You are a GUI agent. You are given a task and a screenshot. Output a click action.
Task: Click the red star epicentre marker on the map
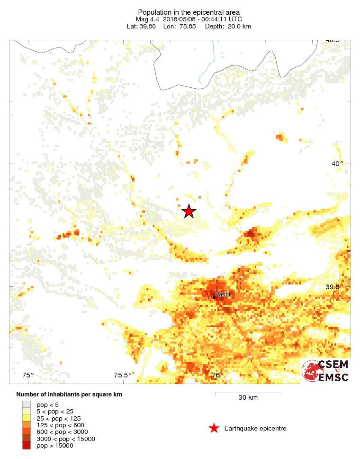click(x=189, y=211)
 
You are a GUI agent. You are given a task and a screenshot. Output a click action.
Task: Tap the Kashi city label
click(x=223, y=294)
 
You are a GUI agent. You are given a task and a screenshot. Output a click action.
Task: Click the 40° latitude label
click(x=337, y=164)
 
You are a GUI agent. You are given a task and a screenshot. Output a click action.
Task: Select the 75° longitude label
click(x=28, y=376)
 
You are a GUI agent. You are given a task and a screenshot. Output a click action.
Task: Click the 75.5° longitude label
click(x=123, y=376)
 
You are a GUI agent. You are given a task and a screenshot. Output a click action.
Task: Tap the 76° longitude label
click(x=217, y=376)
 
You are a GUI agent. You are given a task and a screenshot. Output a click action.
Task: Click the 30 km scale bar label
click(x=248, y=397)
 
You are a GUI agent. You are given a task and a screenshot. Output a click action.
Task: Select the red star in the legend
click(x=214, y=429)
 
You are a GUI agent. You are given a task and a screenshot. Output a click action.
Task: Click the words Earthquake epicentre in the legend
click(x=255, y=429)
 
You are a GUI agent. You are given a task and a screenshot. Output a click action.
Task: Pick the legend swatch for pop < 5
click(x=26, y=404)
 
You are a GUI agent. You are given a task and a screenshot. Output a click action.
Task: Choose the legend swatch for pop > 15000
click(x=26, y=446)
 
